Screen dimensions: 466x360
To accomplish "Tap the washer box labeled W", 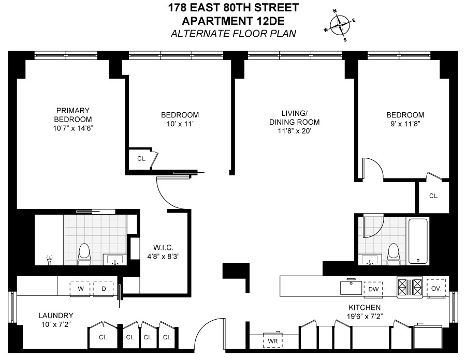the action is click(x=80, y=288).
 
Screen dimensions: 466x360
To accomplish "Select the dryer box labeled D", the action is click(x=103, y=288).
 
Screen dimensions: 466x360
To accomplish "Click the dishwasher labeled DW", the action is click(x=373, y=288).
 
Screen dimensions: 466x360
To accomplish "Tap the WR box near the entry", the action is click(x=273, y=341).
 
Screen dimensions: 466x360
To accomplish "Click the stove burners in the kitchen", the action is click(x=409, y=288).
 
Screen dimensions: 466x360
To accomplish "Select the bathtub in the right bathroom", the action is click(x=418, y=241).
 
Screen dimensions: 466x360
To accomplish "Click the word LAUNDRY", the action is click(x=56, y=315).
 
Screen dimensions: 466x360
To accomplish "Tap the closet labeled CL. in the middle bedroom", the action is click(x=141, y=159).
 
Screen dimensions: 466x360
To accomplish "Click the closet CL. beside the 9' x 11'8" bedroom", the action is click(x=434, y=196).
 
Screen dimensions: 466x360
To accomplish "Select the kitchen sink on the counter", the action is click(x=351, y=287).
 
